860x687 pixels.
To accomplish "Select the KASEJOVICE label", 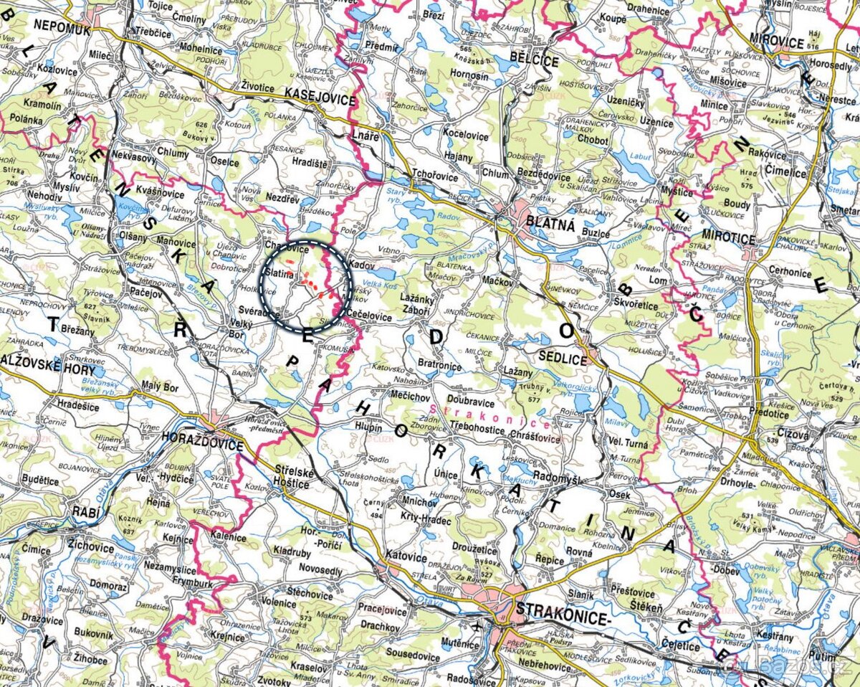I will (320, 94).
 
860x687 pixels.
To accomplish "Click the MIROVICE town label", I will (775, 42).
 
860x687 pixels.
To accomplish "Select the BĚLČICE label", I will (533, 60).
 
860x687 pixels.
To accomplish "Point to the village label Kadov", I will (362, 265).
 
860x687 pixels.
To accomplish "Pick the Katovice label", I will (406, 556).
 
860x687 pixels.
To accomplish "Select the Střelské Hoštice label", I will (292, 477).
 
